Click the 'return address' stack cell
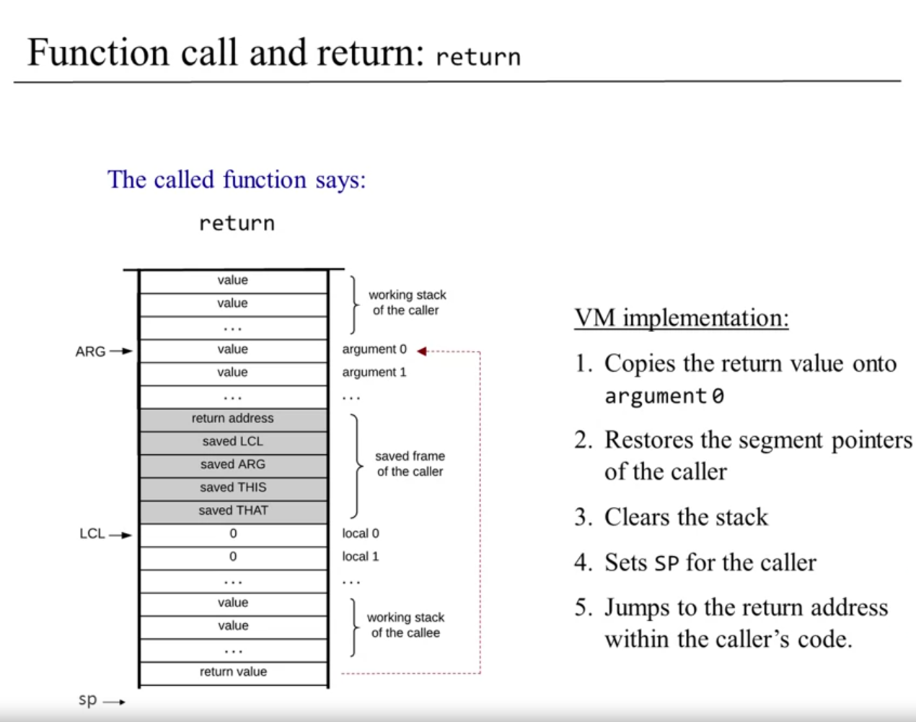(232, 418)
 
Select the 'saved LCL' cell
(232, 441)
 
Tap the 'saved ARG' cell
(232, 464)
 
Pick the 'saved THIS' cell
(232, 487)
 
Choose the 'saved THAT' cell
(232, 510)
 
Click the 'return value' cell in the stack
(232, 671)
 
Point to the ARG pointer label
(90, 352)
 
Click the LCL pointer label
(92, 534)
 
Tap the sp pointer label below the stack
(87, 700)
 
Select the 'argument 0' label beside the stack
(374, 349)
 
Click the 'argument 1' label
(374, 373)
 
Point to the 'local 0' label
(360, 534)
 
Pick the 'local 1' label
(360, 557)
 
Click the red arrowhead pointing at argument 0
(422, 351)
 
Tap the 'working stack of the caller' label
(407, 303)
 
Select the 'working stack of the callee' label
(405, 625)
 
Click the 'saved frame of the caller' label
(410, 464)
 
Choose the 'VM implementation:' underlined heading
(682, 318)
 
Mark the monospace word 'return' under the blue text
(237, 223)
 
